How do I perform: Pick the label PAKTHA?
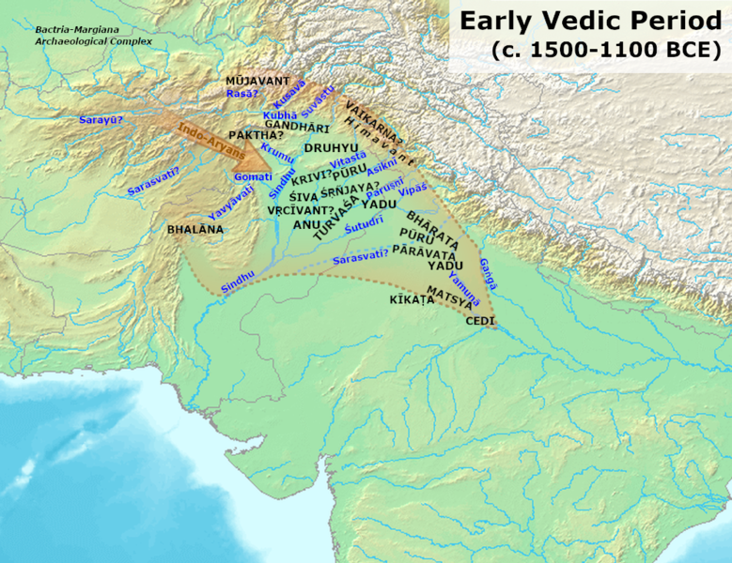256,135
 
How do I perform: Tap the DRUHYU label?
330,147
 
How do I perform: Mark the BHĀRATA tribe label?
433,226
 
